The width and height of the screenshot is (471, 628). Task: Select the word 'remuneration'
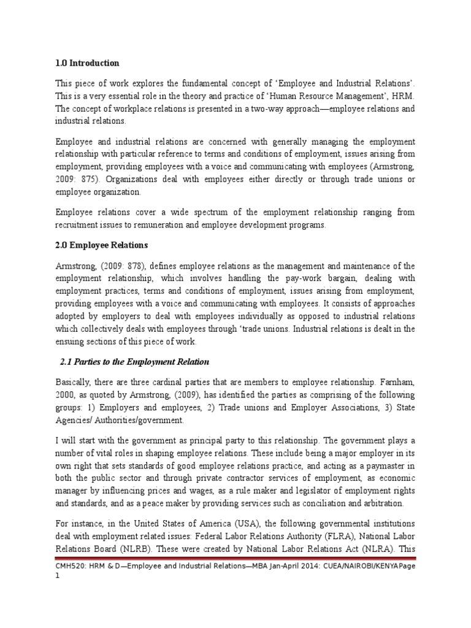coord(170,224)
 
